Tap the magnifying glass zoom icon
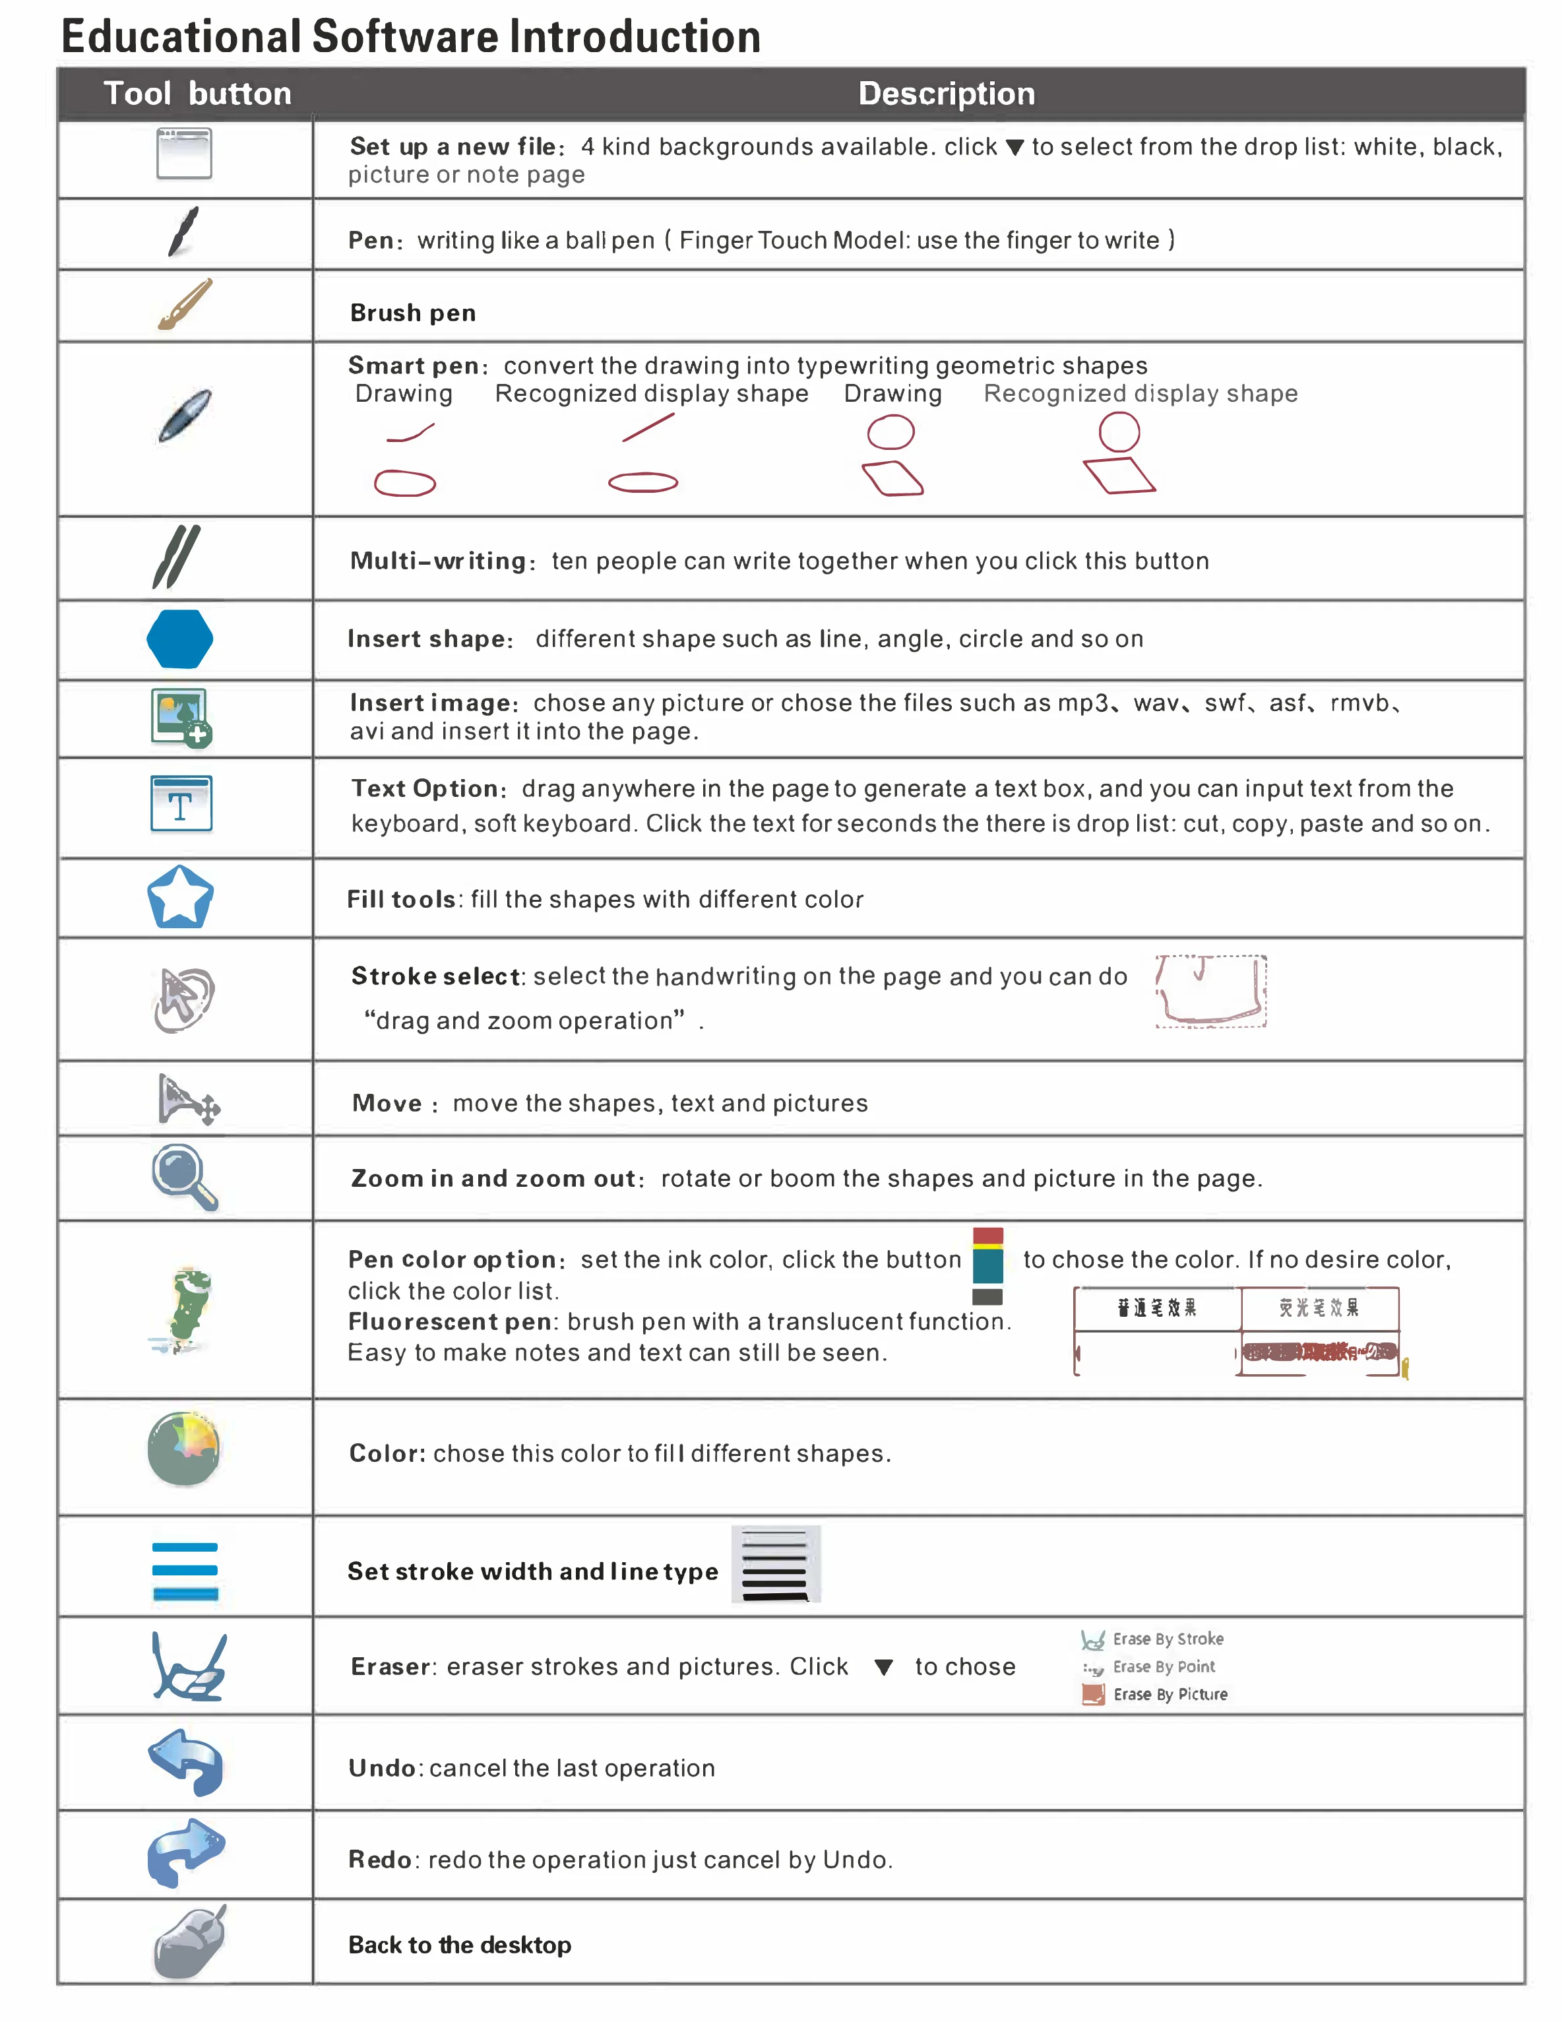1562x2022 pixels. pos(184,1177)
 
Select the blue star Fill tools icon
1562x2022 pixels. pos(181,897)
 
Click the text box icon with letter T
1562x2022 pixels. pos(181,804)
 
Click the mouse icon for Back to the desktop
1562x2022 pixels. pos(190,1942)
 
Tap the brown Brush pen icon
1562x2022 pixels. pos(184,305)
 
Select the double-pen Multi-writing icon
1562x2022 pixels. pos(176,557)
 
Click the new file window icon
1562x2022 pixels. pos(183,154)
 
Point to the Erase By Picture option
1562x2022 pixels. pos(1158,1694)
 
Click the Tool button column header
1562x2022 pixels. pos(197,94)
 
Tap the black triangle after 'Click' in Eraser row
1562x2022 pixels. pos(883,1668)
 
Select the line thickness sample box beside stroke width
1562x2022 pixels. pos(776,1565)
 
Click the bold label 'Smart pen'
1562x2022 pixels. pos(414,365)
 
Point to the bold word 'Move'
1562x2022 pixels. pos(387,1104)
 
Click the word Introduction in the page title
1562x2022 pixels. pos(635,37)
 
